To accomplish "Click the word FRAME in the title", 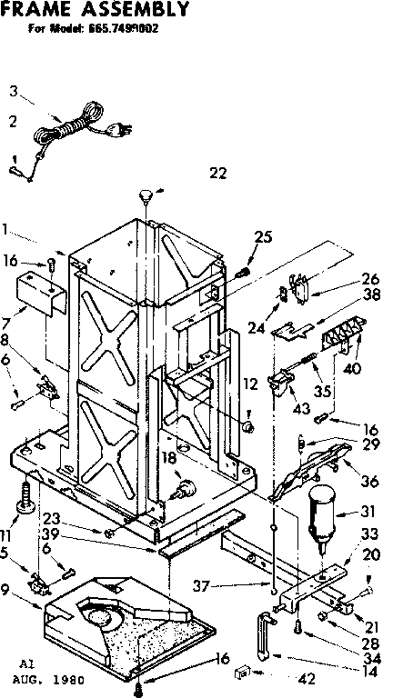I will tap(37, 10).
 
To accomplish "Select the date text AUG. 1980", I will tap(45, 678).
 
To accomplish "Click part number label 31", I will tap(367, 512).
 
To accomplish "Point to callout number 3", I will tap(13, 90).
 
